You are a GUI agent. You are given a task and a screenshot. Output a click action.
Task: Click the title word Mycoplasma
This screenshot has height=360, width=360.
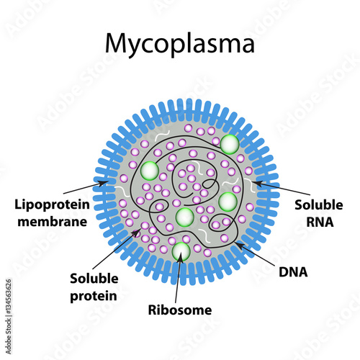(179, 44)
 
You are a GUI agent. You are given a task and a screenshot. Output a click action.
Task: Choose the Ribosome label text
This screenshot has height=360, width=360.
(179, 311)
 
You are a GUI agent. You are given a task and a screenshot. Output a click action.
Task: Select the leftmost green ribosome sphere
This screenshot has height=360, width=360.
(150, 171)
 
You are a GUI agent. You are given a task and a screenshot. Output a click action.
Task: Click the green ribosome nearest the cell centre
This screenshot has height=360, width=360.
(185, 217)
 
